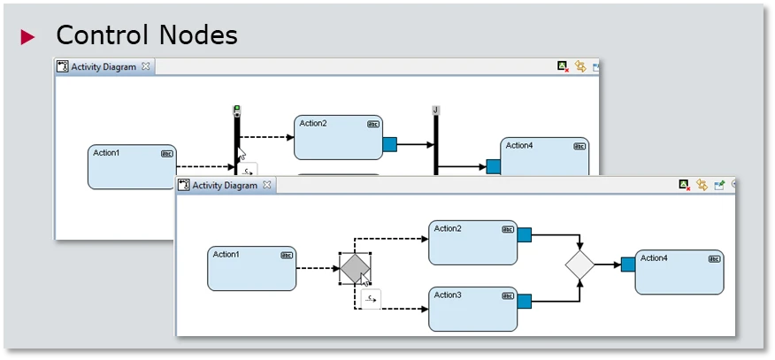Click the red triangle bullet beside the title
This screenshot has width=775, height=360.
(x=28, y=36)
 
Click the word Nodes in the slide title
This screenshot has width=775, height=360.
(x=197, y=34)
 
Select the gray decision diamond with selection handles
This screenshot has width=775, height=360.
(x=355, y=268)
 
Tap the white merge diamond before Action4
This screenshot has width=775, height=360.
(x=579, y=264)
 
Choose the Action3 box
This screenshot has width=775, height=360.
(x=472, y=308)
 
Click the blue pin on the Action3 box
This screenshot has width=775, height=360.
(x=524, y=302)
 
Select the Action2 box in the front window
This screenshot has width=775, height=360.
(x=472, y=242)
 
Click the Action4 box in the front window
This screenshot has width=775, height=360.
(x=679, y=272)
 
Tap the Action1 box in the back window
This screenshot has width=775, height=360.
(x=132, y=166)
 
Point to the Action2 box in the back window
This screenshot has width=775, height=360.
(x=338, y=136)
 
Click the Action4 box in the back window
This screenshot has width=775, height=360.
(x=544, y=157)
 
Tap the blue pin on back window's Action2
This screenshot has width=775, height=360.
(x=389, y=142)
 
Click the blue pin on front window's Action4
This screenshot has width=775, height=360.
(x=628, y=264)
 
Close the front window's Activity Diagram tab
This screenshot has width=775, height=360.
(x=265, y=185)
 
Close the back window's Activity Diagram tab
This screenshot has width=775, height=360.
(x=146, y=66)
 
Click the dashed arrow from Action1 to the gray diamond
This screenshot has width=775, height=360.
(x=318, y=268)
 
